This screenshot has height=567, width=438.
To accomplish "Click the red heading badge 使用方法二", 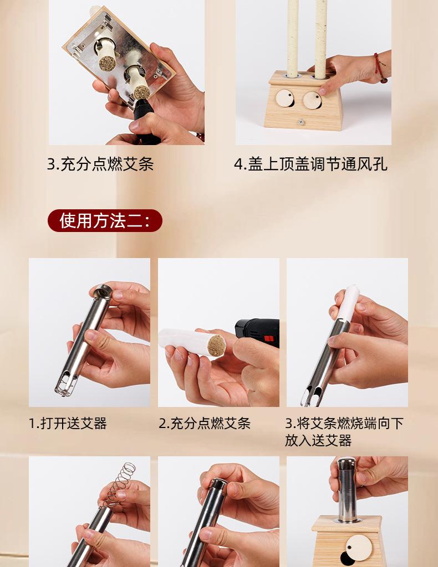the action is (x=105, y=220).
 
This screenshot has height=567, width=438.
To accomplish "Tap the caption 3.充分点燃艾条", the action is (x=100, y=164).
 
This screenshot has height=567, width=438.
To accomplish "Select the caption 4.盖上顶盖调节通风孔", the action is (x=311, y=164).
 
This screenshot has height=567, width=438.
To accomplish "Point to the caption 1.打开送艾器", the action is (x=68, y=423).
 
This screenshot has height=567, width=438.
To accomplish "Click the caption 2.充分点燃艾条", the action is (x=205, y=423).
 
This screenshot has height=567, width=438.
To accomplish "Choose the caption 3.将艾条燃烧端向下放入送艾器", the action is (x=344, y=432).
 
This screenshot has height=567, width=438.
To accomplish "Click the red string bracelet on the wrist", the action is (x=380, y=68).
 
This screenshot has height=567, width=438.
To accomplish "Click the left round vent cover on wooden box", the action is (x=285, y=98).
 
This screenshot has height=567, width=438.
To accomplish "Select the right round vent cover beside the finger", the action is (x=312, y=100).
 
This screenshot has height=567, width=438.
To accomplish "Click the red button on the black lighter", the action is (x=269, y=339).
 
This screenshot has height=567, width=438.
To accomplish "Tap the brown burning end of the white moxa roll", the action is (x=216, y=346).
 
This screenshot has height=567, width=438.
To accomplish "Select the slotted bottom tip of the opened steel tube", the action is (x=66, y=385).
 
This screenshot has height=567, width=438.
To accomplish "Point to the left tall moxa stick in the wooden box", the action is (x=293, y=38).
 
